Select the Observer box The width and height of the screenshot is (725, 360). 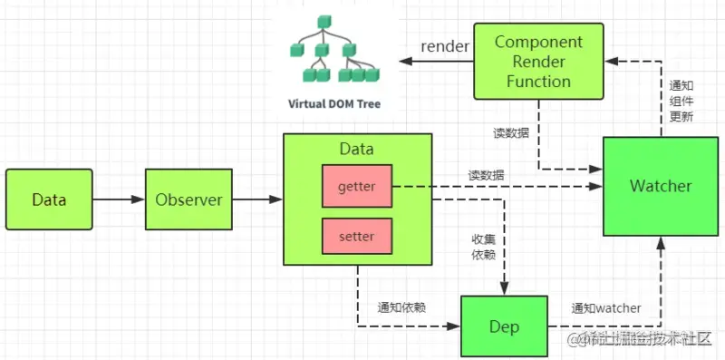coord(188,199)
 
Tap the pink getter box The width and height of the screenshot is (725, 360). coord(356,187)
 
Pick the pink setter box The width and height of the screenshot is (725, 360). coord(356,236)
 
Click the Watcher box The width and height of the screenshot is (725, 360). coord(661,186)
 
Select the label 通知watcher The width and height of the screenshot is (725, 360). coord(606,308)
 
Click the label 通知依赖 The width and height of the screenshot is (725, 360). coord(402,307)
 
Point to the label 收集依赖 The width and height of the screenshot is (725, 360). coord(482,247)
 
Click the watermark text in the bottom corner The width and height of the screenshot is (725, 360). coord(639,339)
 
